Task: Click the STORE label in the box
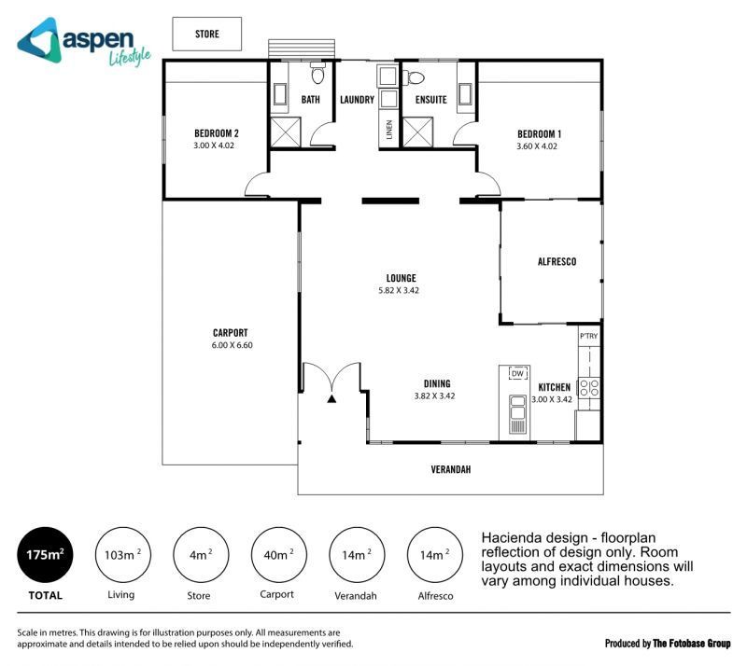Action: click(206, 34)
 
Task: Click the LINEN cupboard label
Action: click(389, 130)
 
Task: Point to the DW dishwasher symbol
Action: click(517, 374)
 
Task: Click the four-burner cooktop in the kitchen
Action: click(589, 387)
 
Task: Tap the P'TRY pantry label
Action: click(588, 336)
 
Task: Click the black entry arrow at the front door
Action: click(331, 399)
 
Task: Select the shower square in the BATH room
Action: click(286, 132)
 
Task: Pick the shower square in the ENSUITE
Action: click(417, 132)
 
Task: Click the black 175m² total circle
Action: click(45, 555)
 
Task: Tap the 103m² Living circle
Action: click(123, 555)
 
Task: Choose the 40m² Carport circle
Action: click(278, 555)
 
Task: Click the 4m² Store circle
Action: click(201, 555)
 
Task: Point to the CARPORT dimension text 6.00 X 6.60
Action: click(232, 345)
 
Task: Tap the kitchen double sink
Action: click(517, 414)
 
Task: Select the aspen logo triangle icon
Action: click(40, 41)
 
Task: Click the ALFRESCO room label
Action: click(557, 261)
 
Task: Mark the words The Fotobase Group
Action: click(691, 644)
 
